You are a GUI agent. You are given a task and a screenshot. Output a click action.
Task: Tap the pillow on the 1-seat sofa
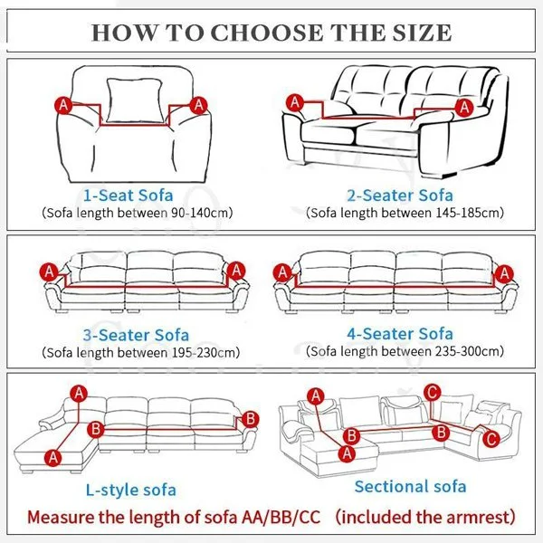click(x=135, y=100)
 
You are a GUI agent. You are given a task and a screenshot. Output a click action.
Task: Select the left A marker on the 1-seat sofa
click(x=63, y=105)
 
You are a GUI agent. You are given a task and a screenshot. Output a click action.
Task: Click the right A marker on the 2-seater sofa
click(x=464, y=108)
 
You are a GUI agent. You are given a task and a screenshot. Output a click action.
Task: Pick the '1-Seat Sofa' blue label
click(x=129, y=195)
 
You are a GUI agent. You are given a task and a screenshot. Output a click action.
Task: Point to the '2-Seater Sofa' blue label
click(x=400, y=195)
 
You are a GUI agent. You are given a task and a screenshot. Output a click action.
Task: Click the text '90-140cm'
click(x=200, y=213)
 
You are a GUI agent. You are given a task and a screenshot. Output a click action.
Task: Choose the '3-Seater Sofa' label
click(x=136, y=335)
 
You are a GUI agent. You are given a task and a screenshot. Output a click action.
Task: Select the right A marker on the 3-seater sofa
click(x=236, y=271)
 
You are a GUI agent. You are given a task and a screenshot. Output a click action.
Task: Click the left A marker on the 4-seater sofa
click(x=282, y=272)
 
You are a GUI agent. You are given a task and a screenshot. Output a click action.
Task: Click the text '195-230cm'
click(x=204, y=353)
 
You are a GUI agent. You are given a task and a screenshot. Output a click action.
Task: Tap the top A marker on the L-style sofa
click(x=80, y=394)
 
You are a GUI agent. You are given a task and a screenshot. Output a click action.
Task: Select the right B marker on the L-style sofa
click(x=251, y=419)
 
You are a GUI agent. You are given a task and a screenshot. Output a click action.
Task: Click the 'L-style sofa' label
click(x=131, y=490)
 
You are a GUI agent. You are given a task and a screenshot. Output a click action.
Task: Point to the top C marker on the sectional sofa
click(x=433, y=393)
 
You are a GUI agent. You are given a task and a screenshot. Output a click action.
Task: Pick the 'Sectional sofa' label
click(x=410, y=487)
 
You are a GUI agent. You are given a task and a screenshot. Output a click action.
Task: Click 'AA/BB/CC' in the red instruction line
click(x=281, y=518)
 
